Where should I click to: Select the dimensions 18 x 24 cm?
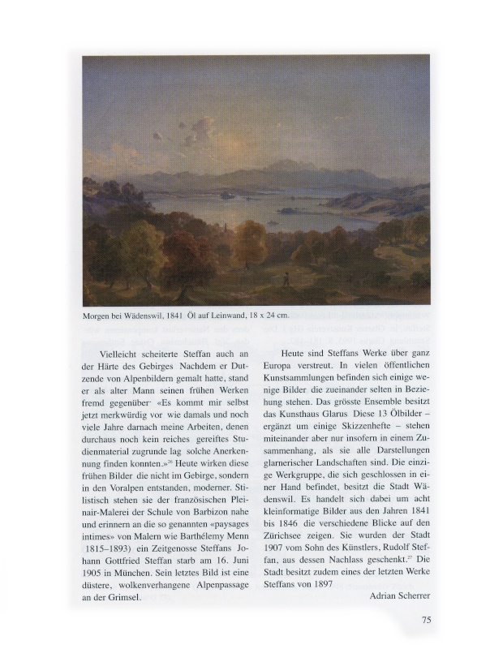(x=264, y=316)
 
